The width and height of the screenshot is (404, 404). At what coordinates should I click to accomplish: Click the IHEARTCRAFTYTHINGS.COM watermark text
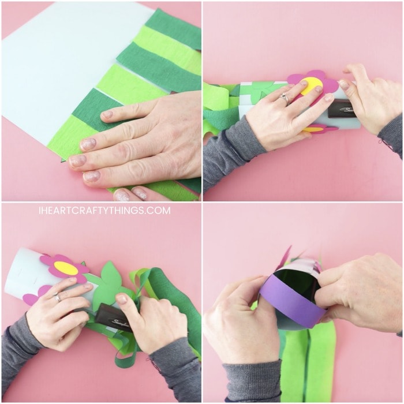[104, 211]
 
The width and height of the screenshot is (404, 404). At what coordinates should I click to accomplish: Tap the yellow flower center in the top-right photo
[312, 86]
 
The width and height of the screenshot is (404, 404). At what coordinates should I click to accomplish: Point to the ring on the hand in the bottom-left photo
[57, 298]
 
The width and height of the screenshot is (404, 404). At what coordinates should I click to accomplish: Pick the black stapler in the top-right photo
[343, 111]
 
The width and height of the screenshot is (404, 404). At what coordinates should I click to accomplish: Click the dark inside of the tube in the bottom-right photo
[296, 283]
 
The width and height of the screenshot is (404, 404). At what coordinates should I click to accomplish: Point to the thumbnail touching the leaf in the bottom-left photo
[121, 299]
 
